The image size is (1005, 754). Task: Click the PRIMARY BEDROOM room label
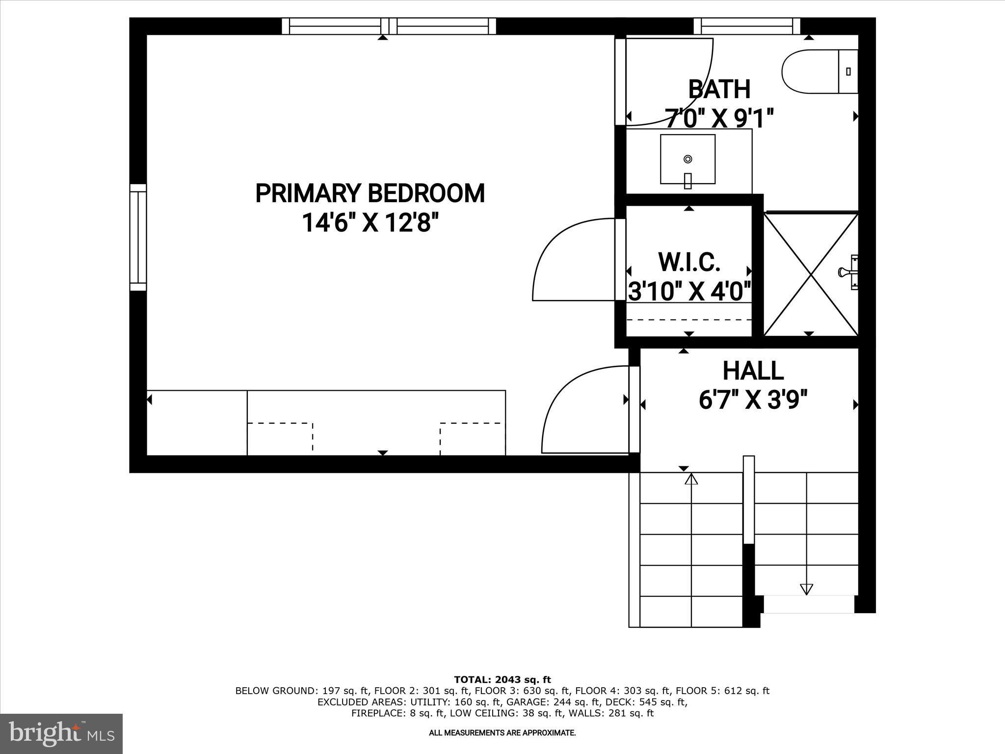point(370,193)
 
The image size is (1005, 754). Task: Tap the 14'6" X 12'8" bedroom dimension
point(370,223)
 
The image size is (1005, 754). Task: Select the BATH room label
point(719,89)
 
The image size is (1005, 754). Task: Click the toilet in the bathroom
point(819,72)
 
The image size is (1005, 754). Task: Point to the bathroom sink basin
point(688,159)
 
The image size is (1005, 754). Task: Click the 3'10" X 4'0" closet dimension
point(689,292)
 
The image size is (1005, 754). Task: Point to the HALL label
point(753,371)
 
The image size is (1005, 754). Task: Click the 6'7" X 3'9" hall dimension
point(753,400)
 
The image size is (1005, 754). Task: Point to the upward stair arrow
point(691,479)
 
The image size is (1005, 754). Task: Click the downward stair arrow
point(806,589)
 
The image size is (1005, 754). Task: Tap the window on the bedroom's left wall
point(138,237)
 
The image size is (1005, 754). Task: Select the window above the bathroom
point(746,26)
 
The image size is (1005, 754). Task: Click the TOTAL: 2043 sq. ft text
point(502,680)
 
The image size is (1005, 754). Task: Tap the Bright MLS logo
point(61,733)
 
